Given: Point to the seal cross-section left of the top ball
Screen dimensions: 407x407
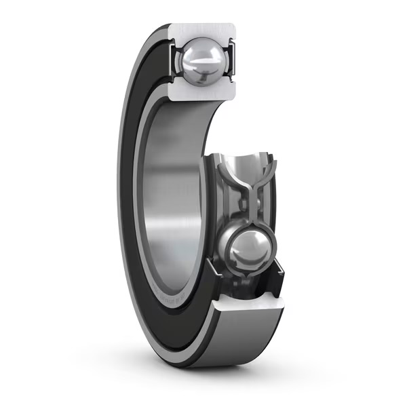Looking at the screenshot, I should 174,60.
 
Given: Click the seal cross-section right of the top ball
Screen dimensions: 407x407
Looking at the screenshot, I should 230,60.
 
